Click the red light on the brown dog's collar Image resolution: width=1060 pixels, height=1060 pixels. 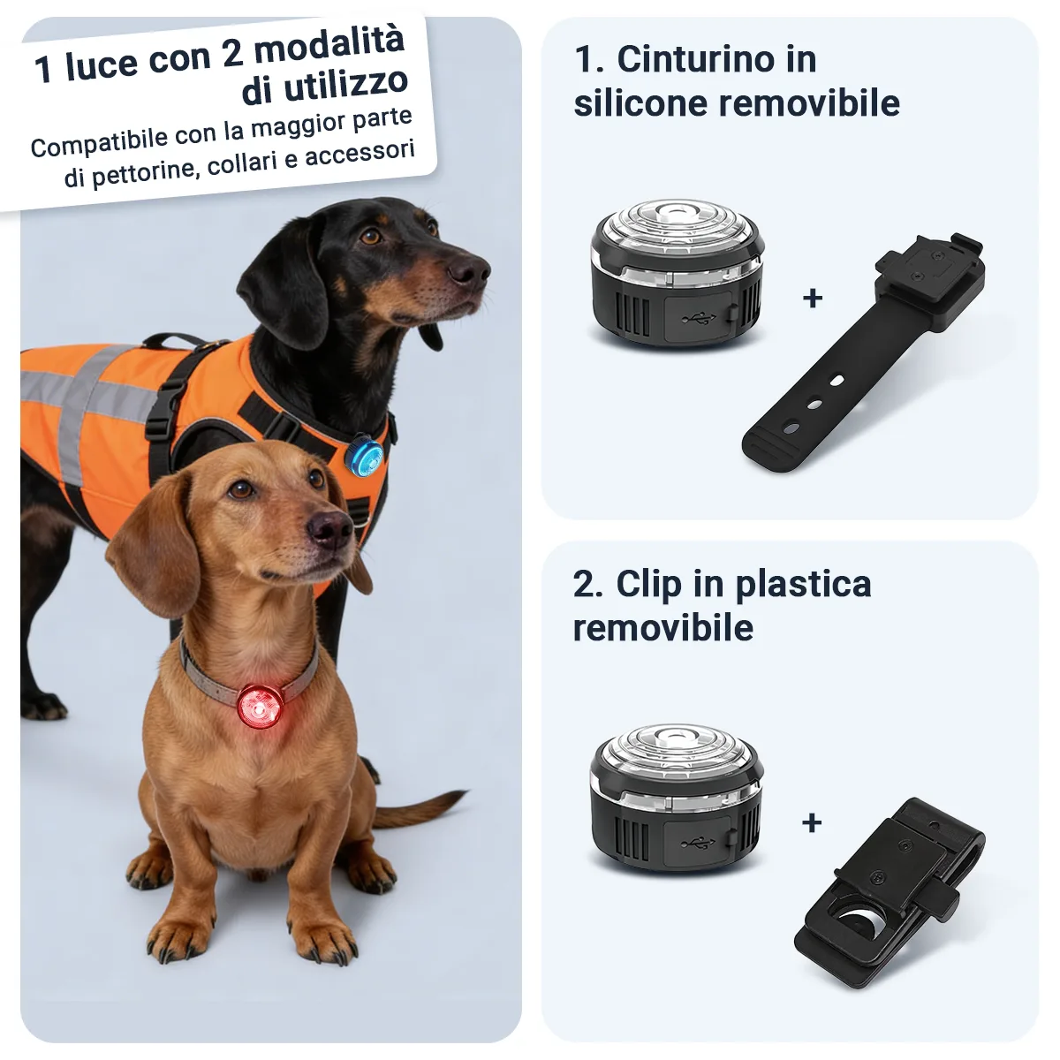pyautogui.click(x=261, y=705)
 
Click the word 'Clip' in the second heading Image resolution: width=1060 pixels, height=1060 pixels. pyautogui.click(x=649, y=585)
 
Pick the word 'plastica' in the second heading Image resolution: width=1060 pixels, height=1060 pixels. pyautogui.click(x=804, y=585)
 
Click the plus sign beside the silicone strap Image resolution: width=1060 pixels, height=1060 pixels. pyautogui.click(x=813, y=298)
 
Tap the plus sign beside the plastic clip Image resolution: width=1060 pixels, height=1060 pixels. pyautogui.click(x=812, y=823)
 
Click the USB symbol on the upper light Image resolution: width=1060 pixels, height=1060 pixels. pyautogui.click(x=699, y=317)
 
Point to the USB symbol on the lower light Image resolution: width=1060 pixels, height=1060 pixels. pyautogui.click(x=698, y=843)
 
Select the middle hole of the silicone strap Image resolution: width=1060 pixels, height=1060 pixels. pyautogui.click(x=814, y=405)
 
